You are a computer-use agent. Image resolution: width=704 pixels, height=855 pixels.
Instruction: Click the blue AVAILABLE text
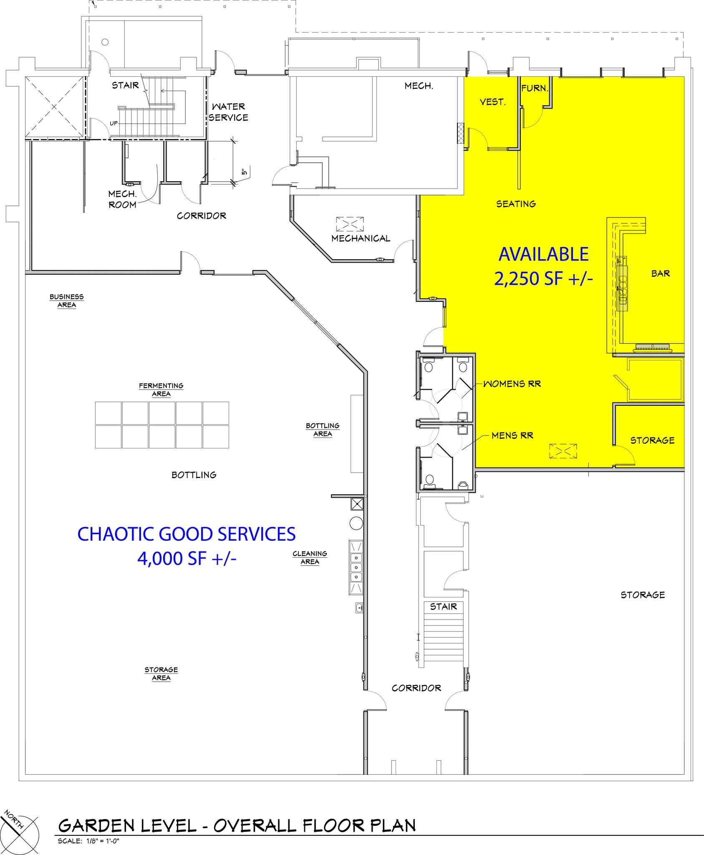[543, 254]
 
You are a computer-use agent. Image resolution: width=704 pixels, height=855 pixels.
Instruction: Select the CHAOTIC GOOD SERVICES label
[187, 534]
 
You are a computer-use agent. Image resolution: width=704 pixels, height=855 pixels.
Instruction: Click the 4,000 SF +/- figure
[187, 558]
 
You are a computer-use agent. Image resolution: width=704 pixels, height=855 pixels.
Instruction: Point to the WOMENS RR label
[512, 384]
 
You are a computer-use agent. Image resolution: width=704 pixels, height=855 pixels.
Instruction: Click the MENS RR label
[512, 435]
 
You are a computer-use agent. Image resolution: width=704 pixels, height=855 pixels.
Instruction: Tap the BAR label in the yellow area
[660, 273]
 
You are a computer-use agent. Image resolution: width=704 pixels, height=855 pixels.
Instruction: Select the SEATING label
[516, 204]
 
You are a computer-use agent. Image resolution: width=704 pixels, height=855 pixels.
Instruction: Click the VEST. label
[492, 102]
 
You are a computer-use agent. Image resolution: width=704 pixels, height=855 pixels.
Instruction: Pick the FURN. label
[534, 88]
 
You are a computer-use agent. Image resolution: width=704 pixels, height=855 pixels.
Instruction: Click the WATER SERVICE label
[228, 112]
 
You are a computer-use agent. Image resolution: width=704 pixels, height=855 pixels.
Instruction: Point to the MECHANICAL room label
[361, 238]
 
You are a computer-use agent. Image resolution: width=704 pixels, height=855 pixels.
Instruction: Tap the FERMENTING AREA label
[161, 390]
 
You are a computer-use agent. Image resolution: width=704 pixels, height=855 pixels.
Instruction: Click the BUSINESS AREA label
[66, 301]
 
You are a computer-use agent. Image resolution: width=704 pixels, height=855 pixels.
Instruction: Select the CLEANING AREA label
[310, 557]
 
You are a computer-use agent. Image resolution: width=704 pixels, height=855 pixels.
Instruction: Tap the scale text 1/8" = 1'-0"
[88, 841]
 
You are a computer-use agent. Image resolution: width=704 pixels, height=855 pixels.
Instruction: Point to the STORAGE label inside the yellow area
[652, 440]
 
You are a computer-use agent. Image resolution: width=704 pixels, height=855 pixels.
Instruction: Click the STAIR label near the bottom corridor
[443, 607]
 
